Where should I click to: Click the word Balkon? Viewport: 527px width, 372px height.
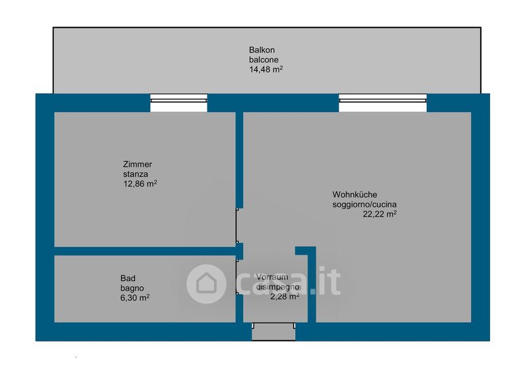pos(262,50)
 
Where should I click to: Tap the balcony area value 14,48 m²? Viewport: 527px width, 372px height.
pos(265,69)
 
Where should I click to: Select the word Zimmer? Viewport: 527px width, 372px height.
pos(137,165)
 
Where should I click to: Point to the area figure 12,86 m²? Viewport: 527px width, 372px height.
pos(140,184)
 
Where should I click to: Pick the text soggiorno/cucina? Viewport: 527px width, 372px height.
pos(364,204)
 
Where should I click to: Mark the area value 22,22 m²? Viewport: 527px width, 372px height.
pos(379,214)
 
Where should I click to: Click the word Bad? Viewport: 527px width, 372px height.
pos(128,279)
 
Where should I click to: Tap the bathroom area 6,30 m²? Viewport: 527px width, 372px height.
pos(135,298)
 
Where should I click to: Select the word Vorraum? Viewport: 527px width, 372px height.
pos(272,277)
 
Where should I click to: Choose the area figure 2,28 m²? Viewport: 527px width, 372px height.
pos(285,296)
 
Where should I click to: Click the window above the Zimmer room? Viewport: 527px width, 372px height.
pos(179,103)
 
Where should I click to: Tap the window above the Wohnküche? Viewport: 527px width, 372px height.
pos(383,103)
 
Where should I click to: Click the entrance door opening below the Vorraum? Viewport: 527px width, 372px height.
pos(273,331)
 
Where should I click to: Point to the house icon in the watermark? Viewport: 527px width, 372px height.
pos(206,284)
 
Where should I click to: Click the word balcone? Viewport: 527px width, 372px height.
pos(263,60)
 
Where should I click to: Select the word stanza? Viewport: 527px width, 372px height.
pos(135,174)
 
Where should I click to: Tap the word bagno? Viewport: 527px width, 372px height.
pos(132,288)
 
